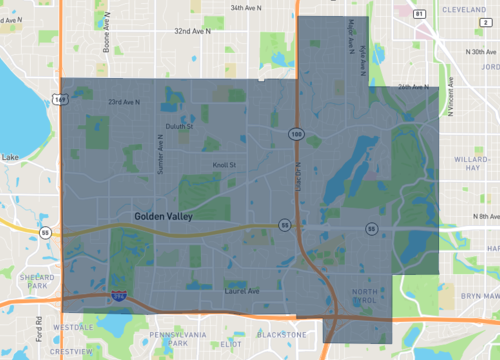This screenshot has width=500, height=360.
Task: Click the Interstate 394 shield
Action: coord(120,297)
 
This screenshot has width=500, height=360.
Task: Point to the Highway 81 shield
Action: coord(419,13)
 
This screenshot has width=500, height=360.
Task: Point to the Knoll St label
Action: coord(223,164)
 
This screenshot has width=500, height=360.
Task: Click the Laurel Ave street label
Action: coord(240,291)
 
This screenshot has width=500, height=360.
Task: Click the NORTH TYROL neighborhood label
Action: coord(365,296)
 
